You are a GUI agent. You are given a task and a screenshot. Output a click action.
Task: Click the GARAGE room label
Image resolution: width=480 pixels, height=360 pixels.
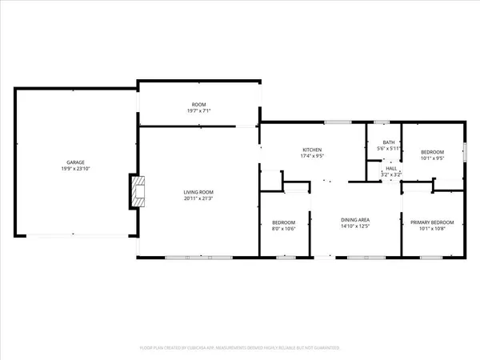pyautogui.click(x=75, y=162)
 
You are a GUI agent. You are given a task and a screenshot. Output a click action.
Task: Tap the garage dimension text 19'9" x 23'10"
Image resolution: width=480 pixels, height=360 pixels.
pyautogui.click(x=75, y=169)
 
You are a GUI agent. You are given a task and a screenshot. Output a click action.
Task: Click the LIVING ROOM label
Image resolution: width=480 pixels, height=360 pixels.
pyautogui.click(x=198, y=192)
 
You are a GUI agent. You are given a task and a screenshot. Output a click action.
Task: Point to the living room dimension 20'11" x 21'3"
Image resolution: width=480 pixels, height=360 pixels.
pyautogui.click(x=198, y=198)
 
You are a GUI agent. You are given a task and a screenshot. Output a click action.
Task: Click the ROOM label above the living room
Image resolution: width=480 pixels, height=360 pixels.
pyautogui.click(x=198, y=105)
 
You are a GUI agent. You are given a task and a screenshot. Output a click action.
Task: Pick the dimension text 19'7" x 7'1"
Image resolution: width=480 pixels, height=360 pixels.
pyautogui.click(x=198, y=111)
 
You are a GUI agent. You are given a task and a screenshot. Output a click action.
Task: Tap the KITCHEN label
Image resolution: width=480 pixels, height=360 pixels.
pyautogui.click(x=311, y=150)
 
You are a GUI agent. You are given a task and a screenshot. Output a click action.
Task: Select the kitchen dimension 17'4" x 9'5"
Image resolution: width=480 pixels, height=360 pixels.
pyautogui.click(x=311, y=156)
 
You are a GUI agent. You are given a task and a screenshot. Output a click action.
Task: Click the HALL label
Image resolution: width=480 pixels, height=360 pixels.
pyautogui.click(x=391, y=168)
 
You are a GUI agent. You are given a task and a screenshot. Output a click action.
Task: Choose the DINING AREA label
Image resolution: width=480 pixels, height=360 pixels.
pyautogui.click(x=355, y=219)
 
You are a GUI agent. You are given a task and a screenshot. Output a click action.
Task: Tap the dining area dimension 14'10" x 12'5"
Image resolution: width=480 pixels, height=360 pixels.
pyautogui.click(x=355, y=226)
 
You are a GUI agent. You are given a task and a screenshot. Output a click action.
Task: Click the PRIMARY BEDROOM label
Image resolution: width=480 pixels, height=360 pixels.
pyautogui.click(x=432, y=222)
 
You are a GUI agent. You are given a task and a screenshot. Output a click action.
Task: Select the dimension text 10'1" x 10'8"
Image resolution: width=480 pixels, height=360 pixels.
pyautogui.click(x=432, y=228)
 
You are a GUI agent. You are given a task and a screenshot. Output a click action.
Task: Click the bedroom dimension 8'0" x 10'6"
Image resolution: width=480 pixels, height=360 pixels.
pyautogui.click(x=283, y=228)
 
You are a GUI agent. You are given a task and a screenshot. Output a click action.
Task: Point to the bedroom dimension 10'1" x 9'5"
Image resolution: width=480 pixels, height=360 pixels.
pyautogui.click(x=432, y=158)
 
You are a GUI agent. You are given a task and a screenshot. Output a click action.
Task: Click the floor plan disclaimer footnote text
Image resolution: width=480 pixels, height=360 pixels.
pyautogui.click(x=240, y=348)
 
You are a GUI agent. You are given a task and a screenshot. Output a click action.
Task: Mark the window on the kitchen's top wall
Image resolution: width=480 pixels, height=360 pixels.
pyautogui.click(x=338, y=122)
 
